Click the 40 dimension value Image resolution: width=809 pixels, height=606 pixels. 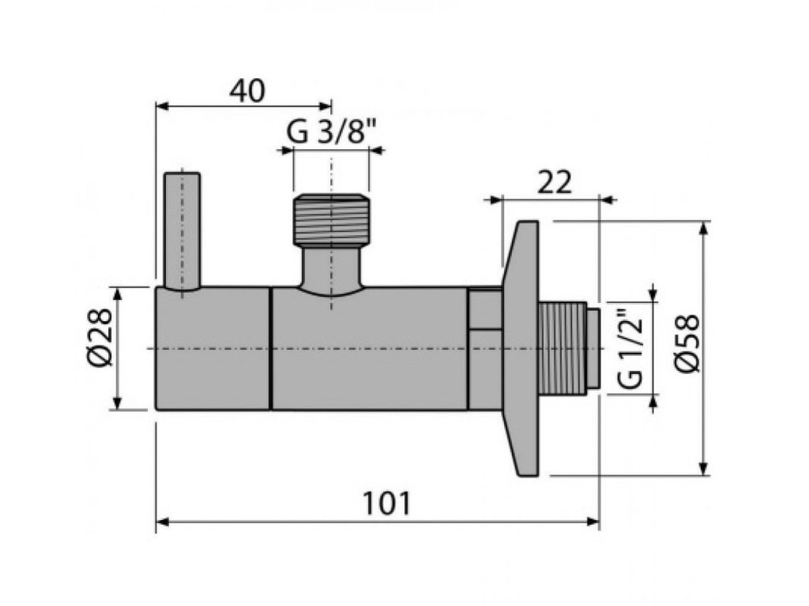[246, 91]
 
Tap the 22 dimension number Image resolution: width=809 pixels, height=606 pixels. [554, 183]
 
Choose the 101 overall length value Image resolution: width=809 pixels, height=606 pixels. [386, 503]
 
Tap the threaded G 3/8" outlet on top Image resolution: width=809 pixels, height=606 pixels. [331, 218]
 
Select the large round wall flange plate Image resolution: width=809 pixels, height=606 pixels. [521, 348]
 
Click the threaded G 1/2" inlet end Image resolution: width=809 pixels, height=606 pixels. [566, 348]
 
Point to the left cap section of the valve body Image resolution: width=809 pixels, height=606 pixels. [213, 348]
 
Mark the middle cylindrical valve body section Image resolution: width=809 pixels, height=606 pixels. [369, 348]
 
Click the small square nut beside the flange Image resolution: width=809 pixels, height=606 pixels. [484, 310]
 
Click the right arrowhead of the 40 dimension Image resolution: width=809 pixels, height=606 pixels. [326, 105]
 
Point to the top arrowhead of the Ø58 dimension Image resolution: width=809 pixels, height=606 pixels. [702, 226]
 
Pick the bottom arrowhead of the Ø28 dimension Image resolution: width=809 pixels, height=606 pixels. [118, 404]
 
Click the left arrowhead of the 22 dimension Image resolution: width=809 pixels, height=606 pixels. [495, 199]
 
